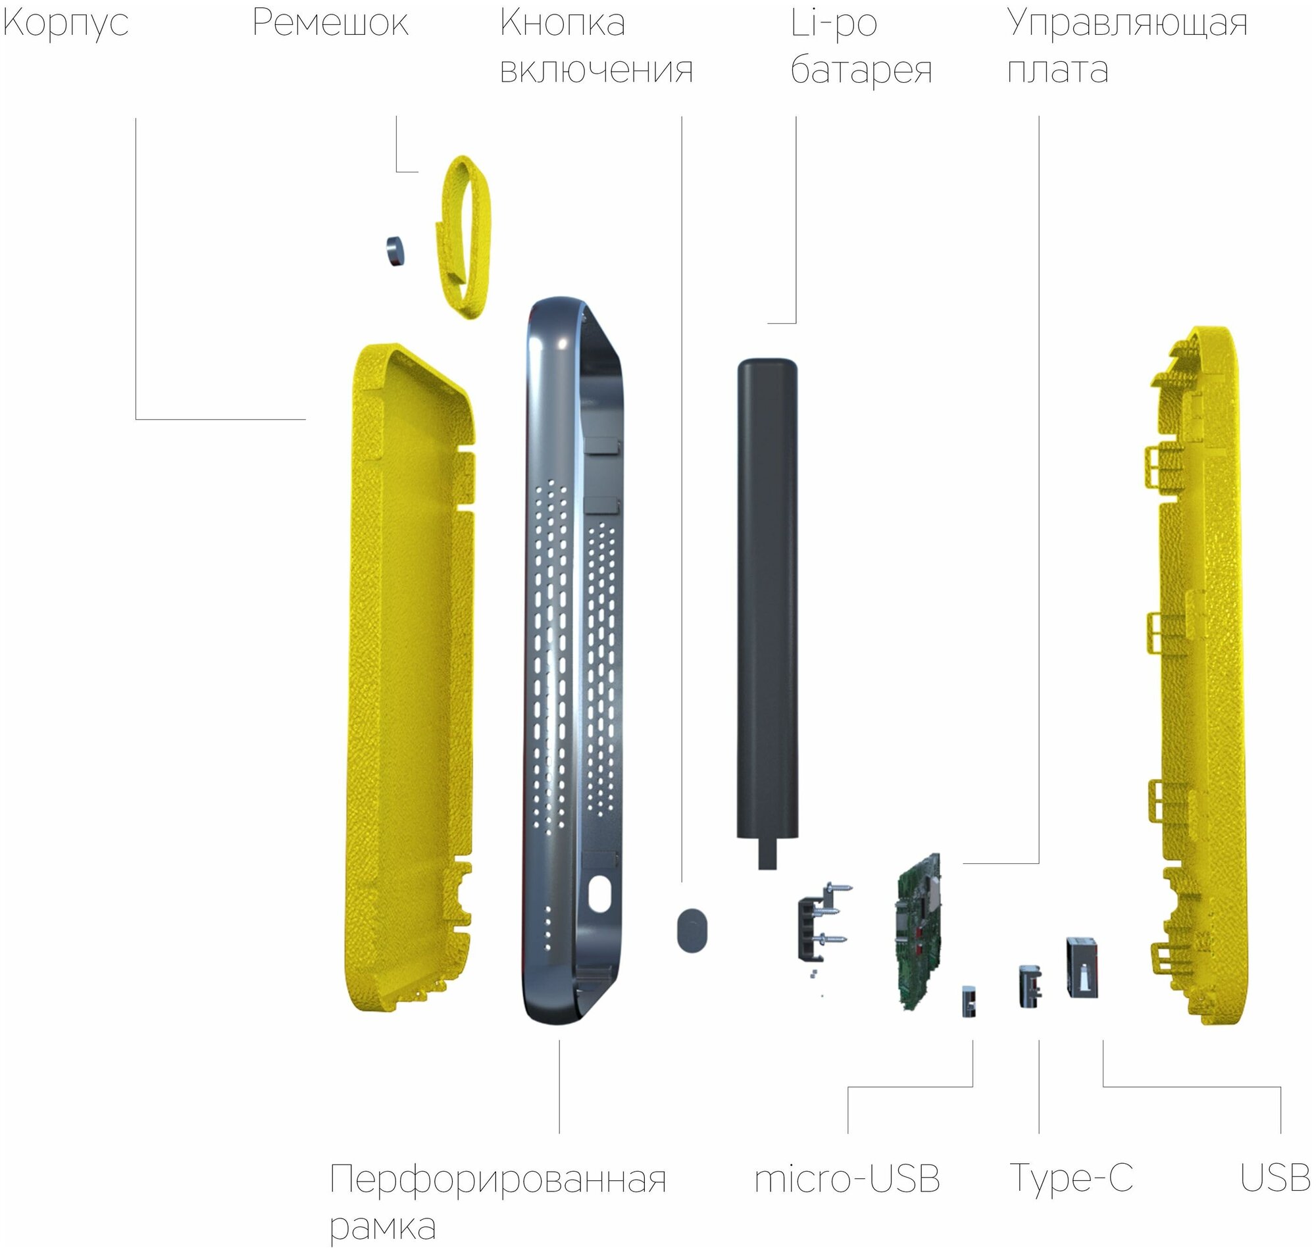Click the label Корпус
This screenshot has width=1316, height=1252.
pyautogui.click(x=65, y=24)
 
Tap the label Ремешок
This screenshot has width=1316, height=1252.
pyautogui.click(x=330, y=24)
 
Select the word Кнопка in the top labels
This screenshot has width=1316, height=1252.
pyautogui.click(x=562, y=24)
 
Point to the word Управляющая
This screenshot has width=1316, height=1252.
pyautogui.click(x=1126, y=24)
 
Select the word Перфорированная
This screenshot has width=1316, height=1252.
pyautogui.click(x=498, y=1180)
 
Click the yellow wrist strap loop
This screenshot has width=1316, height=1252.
pyautogui.click(x=465, y=237)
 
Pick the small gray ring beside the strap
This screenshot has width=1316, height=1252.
pyautogui.click(x=395, y=250)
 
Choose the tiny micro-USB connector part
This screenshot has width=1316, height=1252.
pyautogui.click(x=969, y=1001)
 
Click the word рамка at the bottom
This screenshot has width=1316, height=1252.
pyautogui.click(x=382, y=1226)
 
